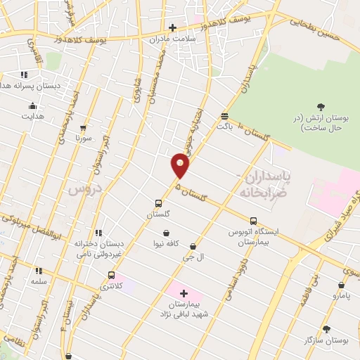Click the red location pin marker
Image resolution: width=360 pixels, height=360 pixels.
181,166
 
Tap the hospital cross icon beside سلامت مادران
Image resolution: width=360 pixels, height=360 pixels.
172,27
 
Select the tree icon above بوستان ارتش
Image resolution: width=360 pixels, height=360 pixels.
321,107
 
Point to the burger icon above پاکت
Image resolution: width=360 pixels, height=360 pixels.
224,116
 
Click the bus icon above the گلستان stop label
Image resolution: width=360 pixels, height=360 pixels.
159,204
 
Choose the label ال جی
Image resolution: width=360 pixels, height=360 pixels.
193,258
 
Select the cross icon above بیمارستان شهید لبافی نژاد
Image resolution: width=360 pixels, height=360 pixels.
184,292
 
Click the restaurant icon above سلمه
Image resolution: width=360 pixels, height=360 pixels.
39,270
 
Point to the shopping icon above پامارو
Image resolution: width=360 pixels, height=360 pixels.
341,285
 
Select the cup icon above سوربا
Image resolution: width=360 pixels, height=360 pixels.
84,128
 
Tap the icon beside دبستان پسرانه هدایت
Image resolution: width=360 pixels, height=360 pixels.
24,74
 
